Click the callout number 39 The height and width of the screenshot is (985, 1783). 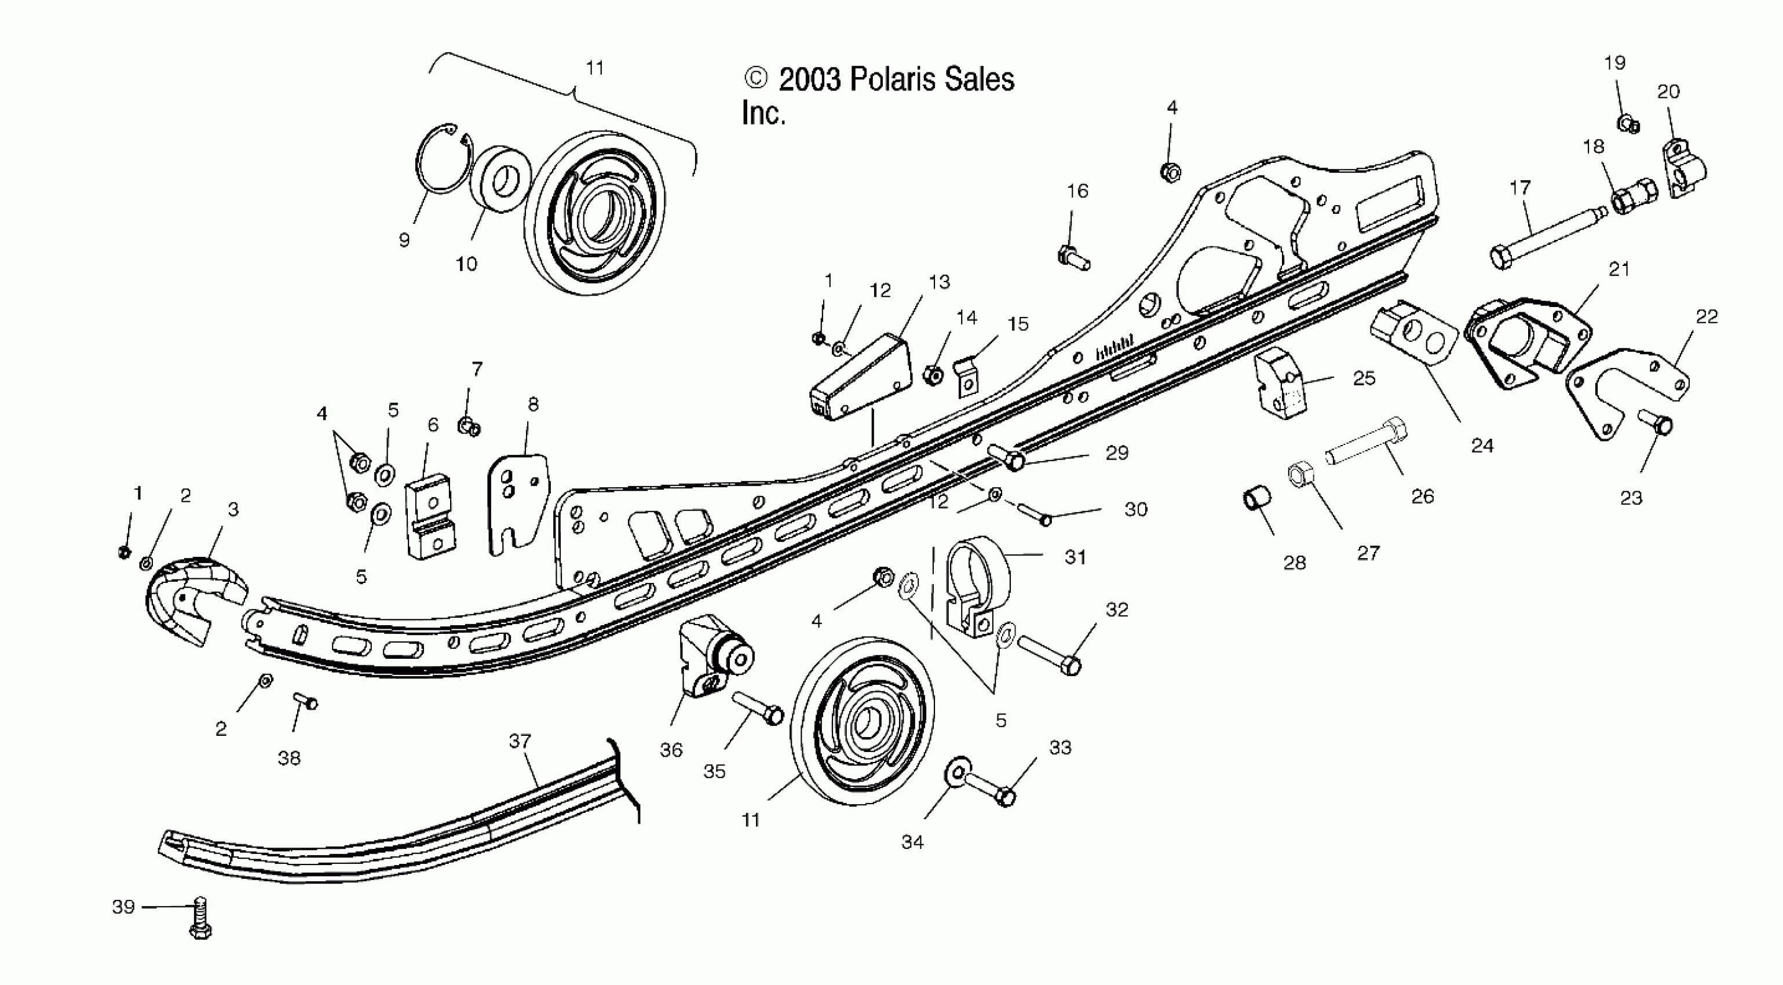(123, 906)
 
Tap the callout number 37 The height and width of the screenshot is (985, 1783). (520, 741)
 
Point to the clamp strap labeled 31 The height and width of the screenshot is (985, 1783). (977, 585)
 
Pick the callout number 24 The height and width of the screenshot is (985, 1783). (1482, 446)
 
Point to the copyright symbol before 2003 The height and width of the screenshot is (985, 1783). (755, 78)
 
